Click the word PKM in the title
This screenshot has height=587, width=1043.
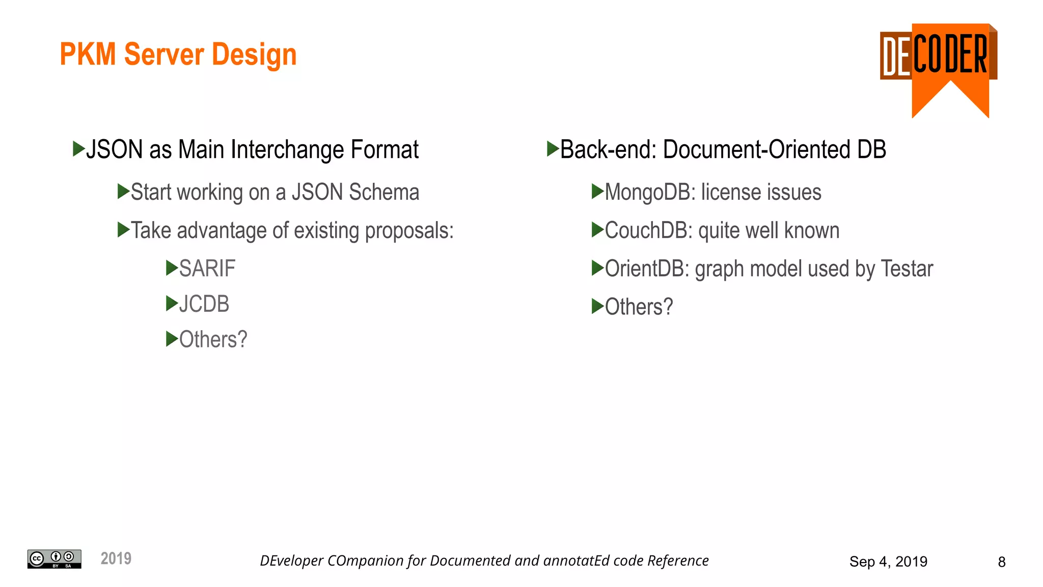pos(88,54)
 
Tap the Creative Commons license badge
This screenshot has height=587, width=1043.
pos(54,559)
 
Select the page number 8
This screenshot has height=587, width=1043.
pos(1001,562)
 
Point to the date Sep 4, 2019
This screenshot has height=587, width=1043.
pos(888,562)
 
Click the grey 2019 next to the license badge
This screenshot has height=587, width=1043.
pos(116,558)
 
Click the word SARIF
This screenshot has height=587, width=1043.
pos(207,269)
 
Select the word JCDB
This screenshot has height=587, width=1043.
pos(204,304)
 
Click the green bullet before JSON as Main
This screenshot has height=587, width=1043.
pos(78,149)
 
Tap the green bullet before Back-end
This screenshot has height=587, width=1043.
pos(553,149)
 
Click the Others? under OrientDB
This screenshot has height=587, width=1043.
pos(639,307)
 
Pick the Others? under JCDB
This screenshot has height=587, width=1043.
pos(213,340)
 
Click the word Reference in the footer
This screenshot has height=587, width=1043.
pos(678,561)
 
